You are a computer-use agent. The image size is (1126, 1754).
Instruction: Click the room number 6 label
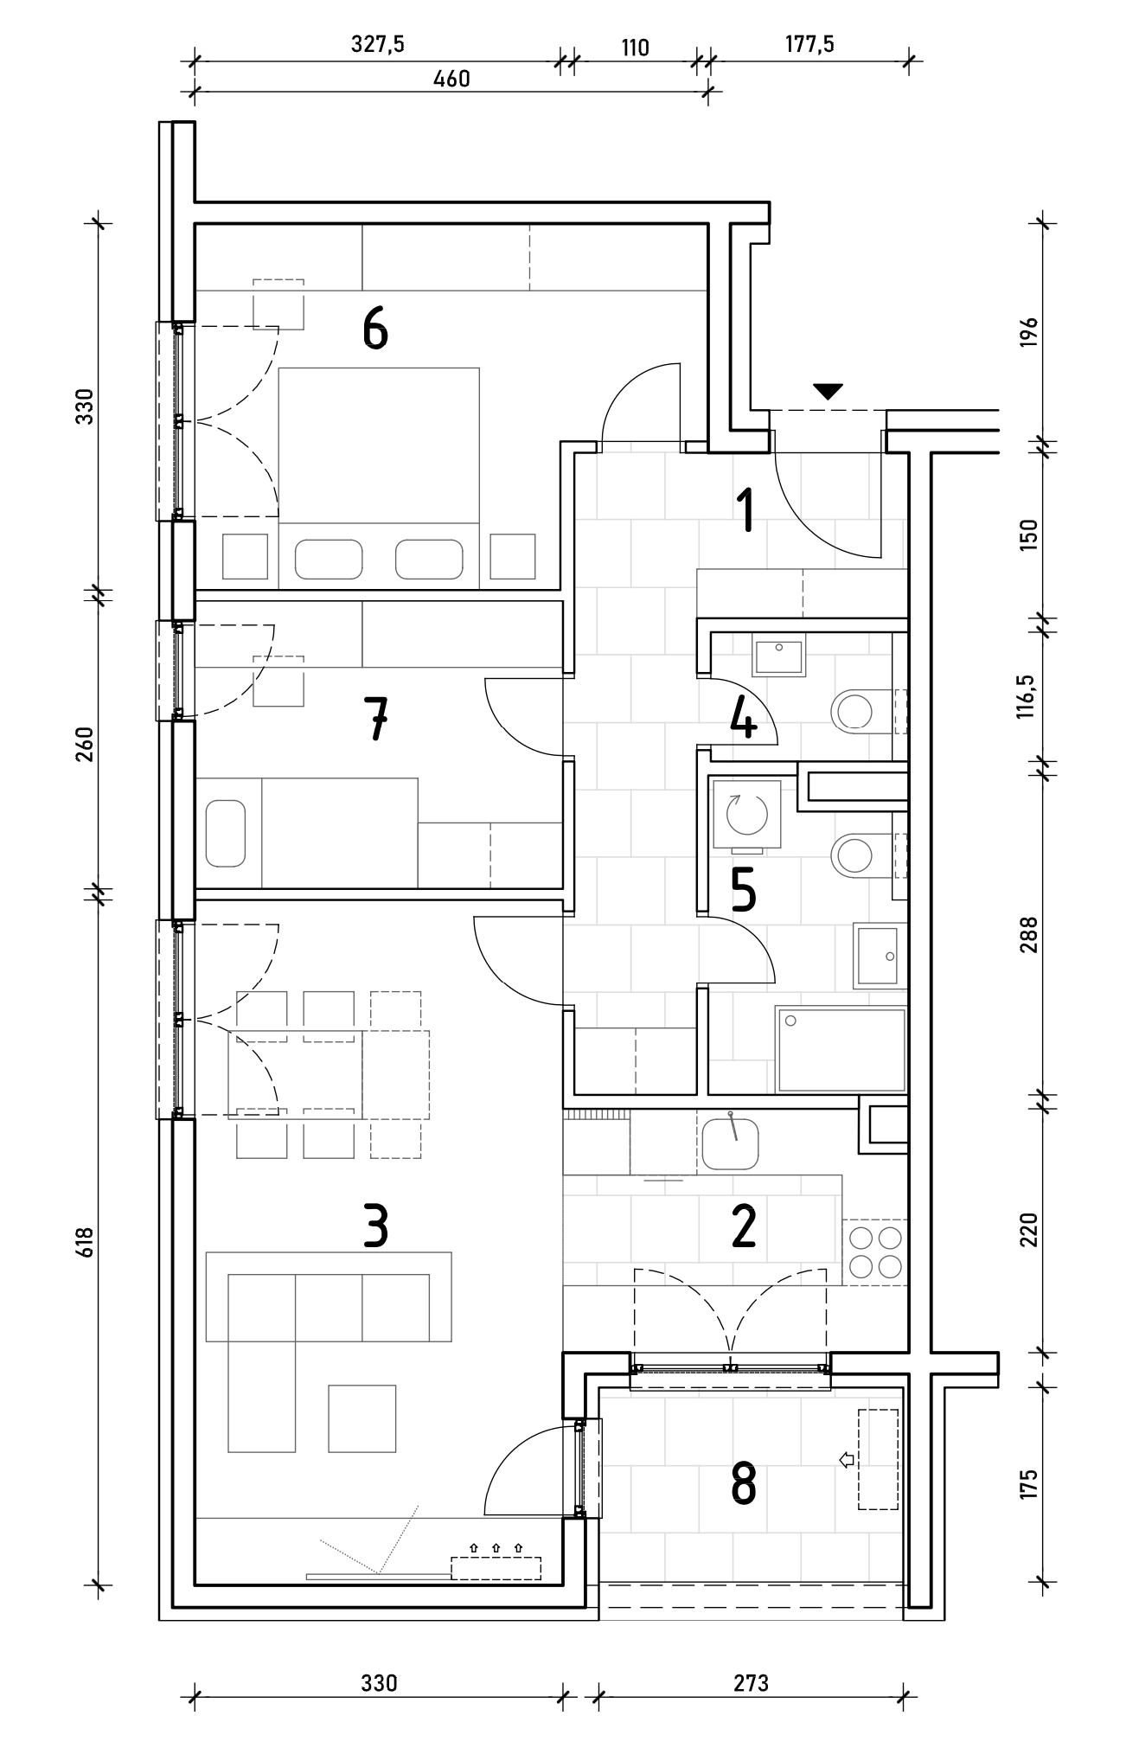tap(375, 330)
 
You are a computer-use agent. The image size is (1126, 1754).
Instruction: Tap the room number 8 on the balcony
tap(744, 1483)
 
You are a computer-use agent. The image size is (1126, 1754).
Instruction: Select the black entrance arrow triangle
tap(829, 392)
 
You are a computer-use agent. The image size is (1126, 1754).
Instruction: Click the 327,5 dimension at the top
tap(378, 45)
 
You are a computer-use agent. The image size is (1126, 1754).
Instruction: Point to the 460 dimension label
tap(451, 79)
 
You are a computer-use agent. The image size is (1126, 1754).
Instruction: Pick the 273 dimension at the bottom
tap(751, 1683)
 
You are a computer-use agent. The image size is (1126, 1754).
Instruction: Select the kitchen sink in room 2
tap(731, 1143)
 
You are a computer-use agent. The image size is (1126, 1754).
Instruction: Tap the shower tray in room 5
tap(841, 1048)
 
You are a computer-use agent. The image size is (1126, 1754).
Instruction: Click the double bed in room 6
tap(379, 478)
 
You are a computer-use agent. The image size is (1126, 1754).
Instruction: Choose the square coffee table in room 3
tap(362, 1418)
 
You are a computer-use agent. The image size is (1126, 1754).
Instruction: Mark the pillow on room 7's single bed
tap(227, 834)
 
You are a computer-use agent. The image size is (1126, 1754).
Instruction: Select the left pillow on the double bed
tap(328, 560)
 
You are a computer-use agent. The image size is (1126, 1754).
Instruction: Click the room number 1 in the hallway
tap(744, 509)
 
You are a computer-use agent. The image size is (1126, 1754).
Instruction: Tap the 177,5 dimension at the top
tap(809, 45)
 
